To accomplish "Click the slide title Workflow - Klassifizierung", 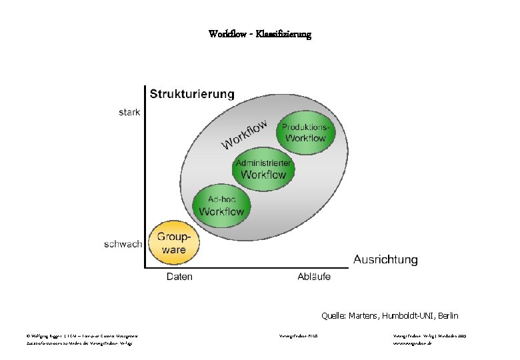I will [x=259, y=33].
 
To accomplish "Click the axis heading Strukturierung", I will [x=192, y=94].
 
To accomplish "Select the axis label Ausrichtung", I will [x=385, y=259].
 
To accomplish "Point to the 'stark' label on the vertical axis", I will [x=129, y=112].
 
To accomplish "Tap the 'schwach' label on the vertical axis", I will [x=123, y=244].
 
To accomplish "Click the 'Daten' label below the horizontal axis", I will [x=179, y=277].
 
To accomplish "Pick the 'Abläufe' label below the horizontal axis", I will [x=313, y=277].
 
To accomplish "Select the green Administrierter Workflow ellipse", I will [x=263, y=169].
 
